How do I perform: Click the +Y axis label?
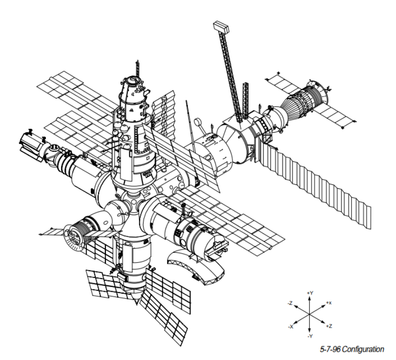point(310,293)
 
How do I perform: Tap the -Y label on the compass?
point(310,336)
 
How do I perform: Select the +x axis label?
point(329,303)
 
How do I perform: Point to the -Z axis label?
point(290,303)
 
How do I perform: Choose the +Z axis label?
point(329,326)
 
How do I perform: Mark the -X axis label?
point(291,327)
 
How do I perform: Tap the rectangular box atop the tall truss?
point(222,27)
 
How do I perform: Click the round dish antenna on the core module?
point(197,122)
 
